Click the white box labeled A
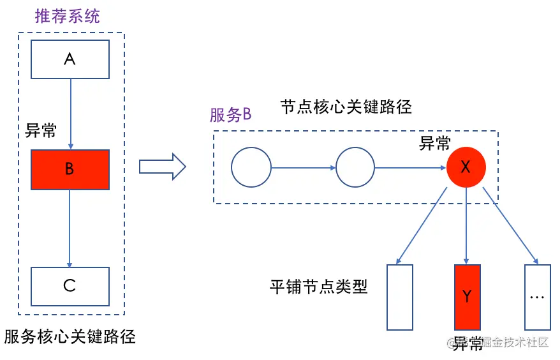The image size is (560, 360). [70, 60]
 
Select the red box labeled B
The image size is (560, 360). [70, 169]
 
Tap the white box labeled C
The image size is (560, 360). [70, 286]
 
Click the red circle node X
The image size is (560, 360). [466, 168]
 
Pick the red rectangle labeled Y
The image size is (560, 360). [467, 297]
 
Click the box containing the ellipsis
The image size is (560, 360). [536, 297]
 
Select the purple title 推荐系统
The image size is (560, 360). [67, 16]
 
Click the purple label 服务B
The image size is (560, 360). [230, 116]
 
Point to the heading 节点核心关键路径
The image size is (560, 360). [346, 107]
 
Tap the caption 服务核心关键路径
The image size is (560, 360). [70, 336]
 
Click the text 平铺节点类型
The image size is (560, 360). [318, 287]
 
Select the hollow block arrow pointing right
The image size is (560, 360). [162, 168]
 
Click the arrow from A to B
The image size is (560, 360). [70, 114]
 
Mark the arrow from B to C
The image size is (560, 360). [70, 228]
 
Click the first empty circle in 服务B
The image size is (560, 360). [251, 168]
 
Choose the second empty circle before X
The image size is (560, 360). [355, 168]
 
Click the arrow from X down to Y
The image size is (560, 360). [467, 226]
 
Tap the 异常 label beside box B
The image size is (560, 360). [40, 131]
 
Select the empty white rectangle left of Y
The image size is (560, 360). [400, 297]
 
